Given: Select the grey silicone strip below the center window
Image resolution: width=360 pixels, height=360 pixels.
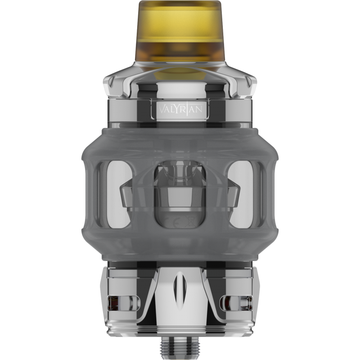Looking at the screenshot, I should coord(180,243).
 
